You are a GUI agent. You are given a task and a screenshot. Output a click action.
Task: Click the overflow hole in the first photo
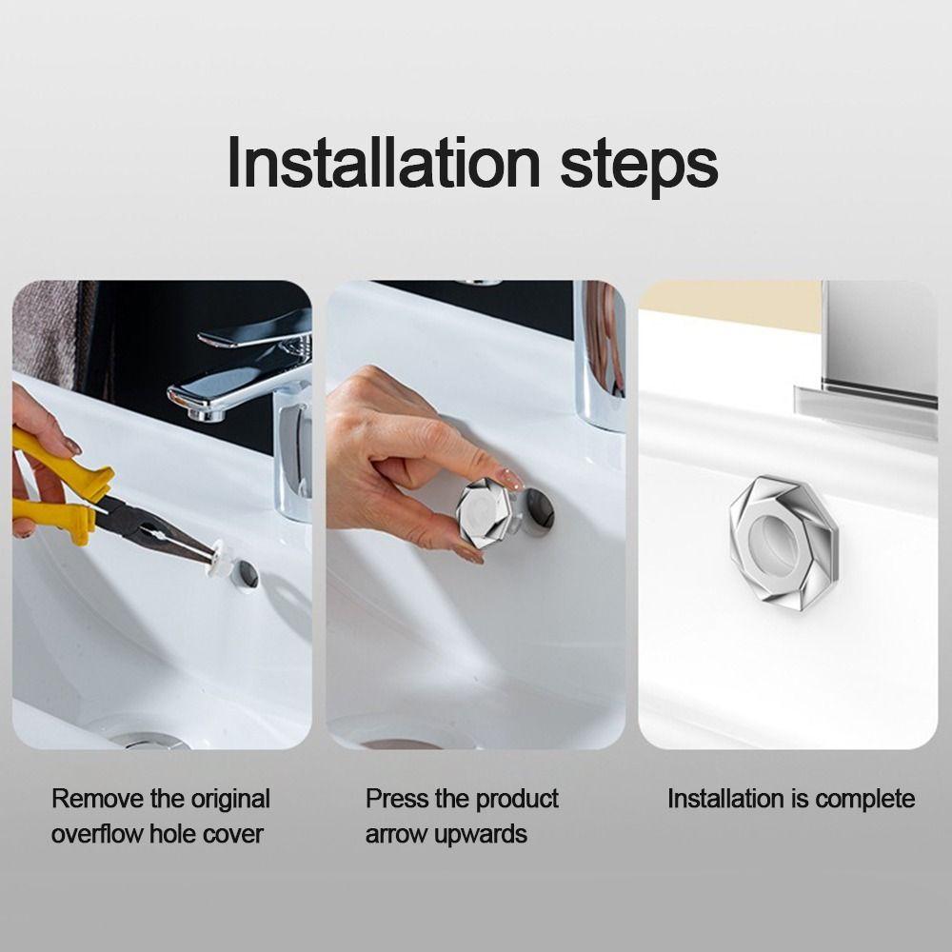click(247, 573)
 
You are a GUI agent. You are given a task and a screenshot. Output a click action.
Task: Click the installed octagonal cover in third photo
click(772, 539)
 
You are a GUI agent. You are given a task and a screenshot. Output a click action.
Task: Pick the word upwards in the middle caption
click(481, 835)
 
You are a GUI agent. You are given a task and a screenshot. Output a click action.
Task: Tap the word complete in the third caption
click(865, 799)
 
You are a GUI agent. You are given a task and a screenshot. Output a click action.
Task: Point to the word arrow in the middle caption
click(395, 835)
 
